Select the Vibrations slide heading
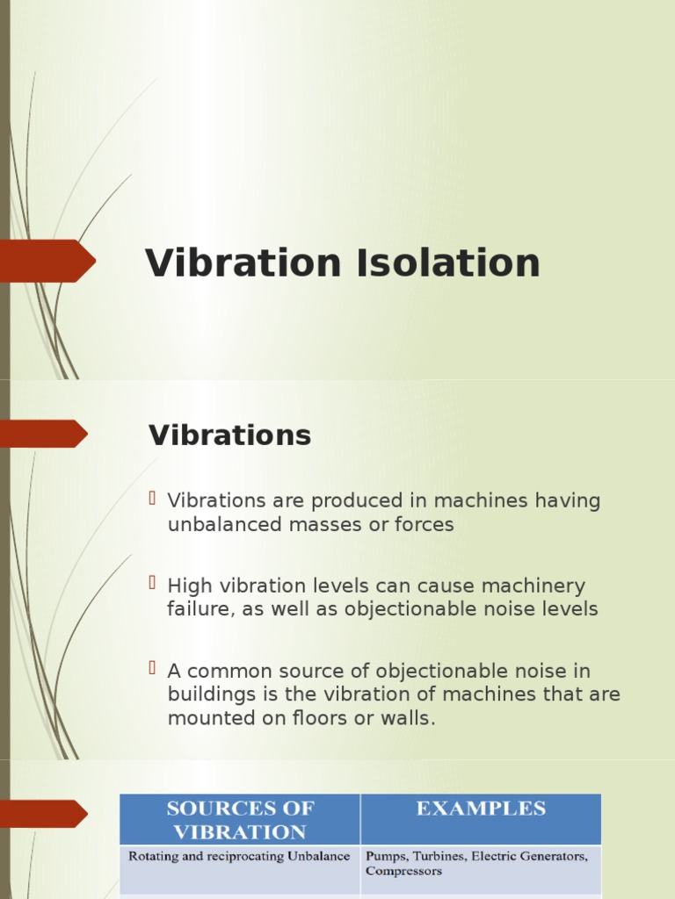click(x=230, y=435)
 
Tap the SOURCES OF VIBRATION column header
click(x=240, y=820)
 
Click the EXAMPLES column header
click(x=481, y=809)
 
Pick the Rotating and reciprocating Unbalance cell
click(x=239, y=856)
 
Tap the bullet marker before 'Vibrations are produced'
click(x=153, y=500)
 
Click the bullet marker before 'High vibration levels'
click(x=153, y=584)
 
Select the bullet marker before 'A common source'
click(x=153, y=669)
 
